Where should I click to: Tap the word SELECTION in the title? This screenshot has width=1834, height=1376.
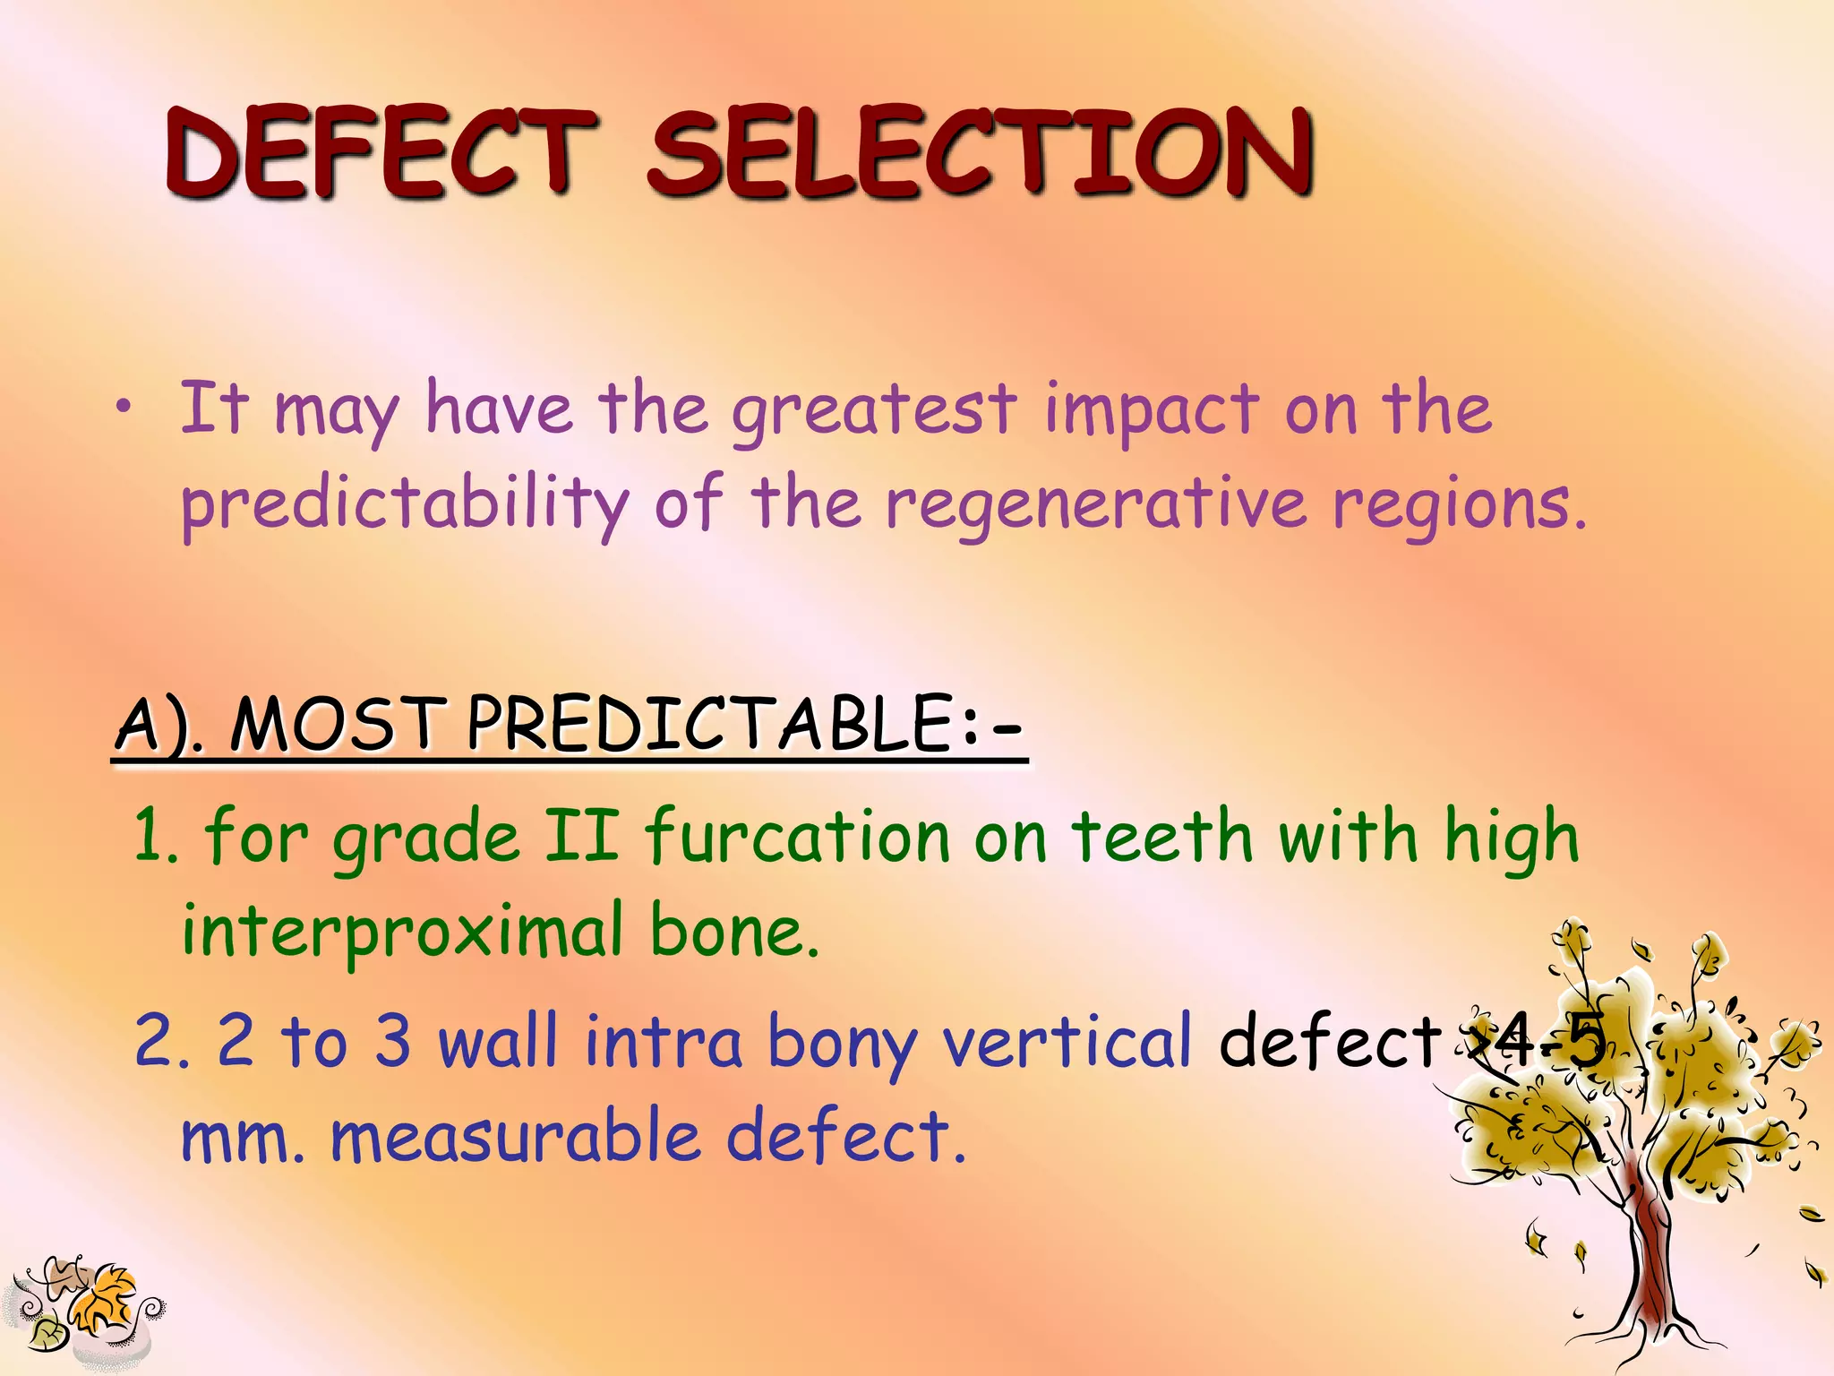click(x=981, y=152)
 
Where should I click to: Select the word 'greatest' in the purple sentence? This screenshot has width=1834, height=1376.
click(x=873, y=410)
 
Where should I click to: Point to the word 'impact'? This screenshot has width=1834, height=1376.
click(x=1152, y=410)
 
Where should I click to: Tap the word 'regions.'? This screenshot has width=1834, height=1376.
click(x=1460, y=504)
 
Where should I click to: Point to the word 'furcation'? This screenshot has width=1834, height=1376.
click(x=797, y=836)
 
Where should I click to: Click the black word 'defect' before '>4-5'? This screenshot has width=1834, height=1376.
click(x=1330, y=1042)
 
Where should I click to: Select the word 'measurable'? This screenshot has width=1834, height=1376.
click(x=515, y=1136)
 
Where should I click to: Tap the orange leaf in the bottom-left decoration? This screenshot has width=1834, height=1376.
click(x=103, y=1299)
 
